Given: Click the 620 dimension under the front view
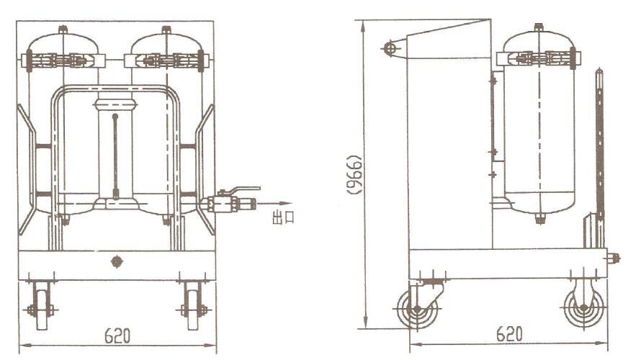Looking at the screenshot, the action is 117,336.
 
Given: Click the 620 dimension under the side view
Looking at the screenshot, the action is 509,334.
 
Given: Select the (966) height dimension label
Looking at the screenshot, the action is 355,174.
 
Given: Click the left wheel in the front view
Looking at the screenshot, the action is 42,305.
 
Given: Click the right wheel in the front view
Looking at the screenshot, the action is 194,305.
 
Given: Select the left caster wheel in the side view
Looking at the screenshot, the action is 416,309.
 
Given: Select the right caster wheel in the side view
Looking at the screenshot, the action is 583,308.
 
